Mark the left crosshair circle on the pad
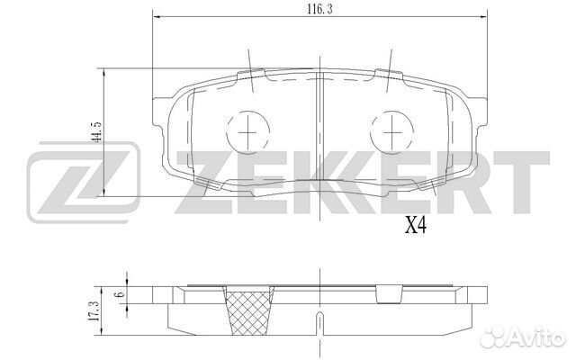pos(245,132)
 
